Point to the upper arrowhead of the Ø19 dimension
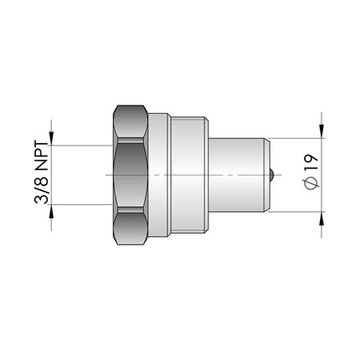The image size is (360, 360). (x=321, y=132)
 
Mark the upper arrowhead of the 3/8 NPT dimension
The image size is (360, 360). (x=52, y=137)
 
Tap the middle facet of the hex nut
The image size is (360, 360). (x=131, y=175)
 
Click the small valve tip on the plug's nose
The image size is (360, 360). (x=275, y=175)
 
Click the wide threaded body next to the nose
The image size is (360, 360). (x=188, y=175)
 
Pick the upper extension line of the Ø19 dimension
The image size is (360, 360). (x=297, y=139)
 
